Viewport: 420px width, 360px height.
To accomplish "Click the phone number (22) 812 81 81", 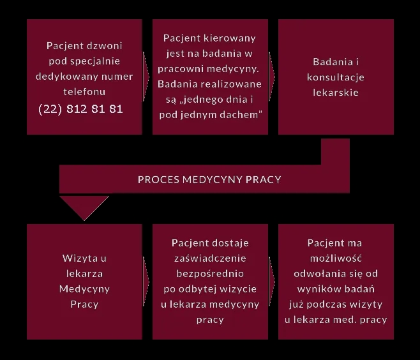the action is (x=80, y=109).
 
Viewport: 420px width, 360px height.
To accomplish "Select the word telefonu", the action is (x=84, y=92).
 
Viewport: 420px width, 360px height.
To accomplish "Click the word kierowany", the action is (x=229, y=38).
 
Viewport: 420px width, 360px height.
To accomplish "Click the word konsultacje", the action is (x=336, y=77).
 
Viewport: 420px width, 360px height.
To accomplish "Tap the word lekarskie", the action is (x=336, y=93).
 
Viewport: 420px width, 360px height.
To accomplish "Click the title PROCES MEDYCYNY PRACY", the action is (x=209, y=179).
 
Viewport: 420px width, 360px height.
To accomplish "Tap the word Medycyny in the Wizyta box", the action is (x=84, y=289).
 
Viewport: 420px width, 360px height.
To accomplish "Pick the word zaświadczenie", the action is (x=210, y=259).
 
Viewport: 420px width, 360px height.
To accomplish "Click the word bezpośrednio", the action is (x=210, y=274).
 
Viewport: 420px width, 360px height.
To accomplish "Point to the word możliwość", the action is (x=336, y=259).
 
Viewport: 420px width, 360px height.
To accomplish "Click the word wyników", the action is (x=314, y=289).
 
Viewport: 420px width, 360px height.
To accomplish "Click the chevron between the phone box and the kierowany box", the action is (x=146, y=77).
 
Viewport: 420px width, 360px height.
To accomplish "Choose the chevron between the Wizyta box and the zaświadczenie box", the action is (x=146, y=281).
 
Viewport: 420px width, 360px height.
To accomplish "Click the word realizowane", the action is (x=231, y=84).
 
